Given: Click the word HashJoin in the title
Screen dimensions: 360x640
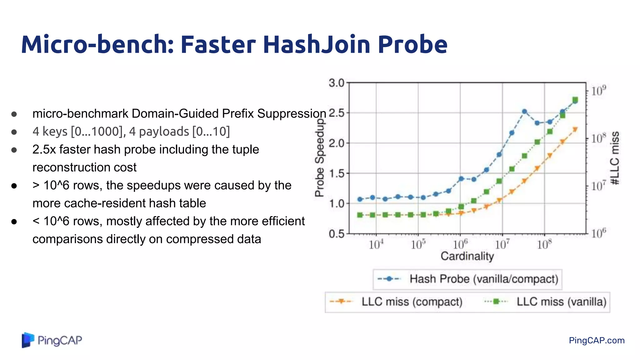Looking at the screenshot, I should tap(317, 44).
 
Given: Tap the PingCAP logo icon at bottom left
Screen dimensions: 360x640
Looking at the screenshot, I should tap(27, 340).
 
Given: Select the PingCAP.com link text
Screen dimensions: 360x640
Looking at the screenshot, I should tap(597, 340).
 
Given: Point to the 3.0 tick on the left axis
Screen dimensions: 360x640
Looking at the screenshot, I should tap(336, 83).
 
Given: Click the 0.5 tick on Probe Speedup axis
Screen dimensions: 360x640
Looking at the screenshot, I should tap(336, 234).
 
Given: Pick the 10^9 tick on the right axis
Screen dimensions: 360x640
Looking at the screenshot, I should tap(598, 91).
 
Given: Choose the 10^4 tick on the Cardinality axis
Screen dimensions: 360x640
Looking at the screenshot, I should tap(376, 244).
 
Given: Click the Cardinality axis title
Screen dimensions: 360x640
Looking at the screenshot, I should tap(467, 256).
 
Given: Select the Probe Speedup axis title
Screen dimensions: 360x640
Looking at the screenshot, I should tap(319, 158).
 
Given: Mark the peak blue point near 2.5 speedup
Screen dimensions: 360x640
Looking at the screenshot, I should tap(524, 112).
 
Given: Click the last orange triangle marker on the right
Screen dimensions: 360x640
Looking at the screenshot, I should tap(575, 129).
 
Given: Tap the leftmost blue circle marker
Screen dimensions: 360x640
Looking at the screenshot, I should tap(360, 199).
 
